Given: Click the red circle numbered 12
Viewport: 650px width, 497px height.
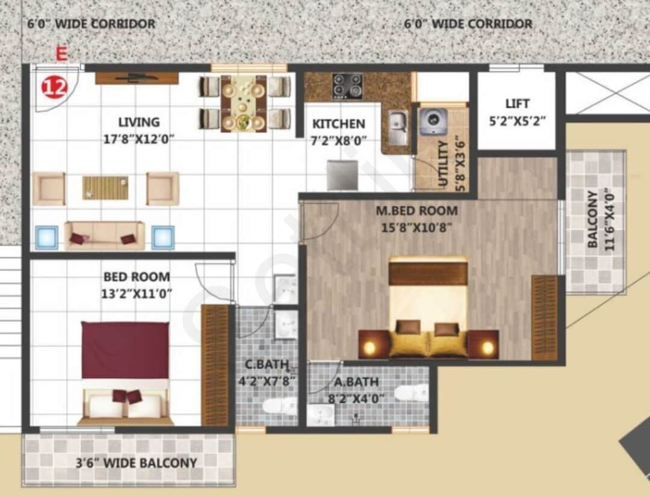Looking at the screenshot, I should coord(54,88).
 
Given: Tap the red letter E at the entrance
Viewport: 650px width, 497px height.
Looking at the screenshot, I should coord(61,54).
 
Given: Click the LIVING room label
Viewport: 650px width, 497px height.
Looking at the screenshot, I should coord(138,123).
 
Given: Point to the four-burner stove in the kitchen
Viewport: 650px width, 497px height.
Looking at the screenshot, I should coord(348,86).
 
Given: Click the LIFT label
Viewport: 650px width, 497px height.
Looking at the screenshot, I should coord(517,103).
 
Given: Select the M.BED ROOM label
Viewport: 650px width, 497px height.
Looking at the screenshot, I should coord(416,211).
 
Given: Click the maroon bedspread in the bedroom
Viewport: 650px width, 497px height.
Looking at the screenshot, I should coord(125,350).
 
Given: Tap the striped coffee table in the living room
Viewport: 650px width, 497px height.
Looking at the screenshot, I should coord(105,187).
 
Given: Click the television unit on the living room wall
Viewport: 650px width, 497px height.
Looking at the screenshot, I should coord(137,78).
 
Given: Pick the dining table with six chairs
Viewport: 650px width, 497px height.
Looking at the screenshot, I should coord(244,103).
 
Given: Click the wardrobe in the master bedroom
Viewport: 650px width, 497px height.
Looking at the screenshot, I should coord(545,318).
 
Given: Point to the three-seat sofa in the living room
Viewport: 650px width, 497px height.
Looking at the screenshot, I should coord(105,236).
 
